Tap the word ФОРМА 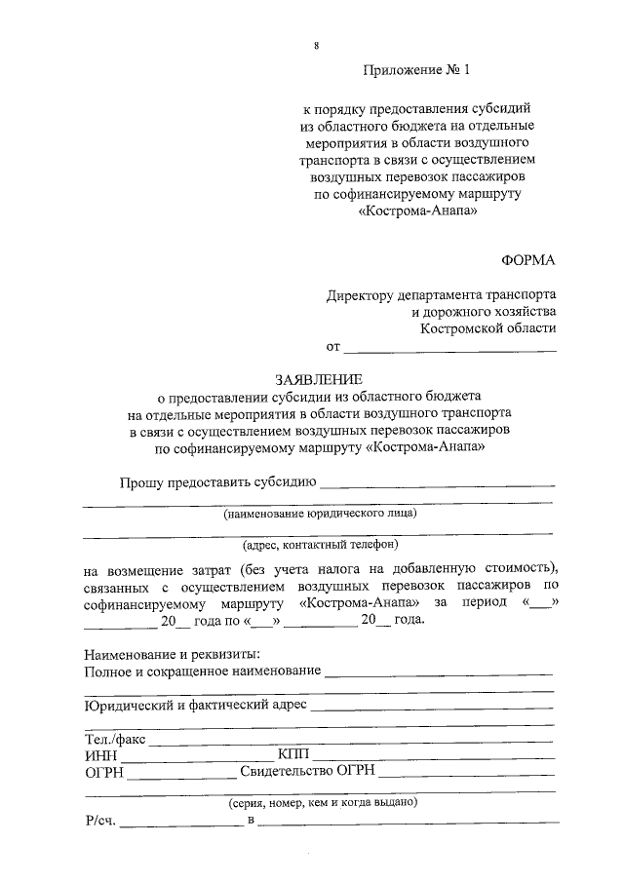click(x=527, y=260)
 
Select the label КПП click(x=292, y=755)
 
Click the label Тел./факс click(x=115, y=739)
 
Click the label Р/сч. click(x=100, y=822)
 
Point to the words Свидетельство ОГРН click(x=309, y=773)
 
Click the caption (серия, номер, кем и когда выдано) click(x=323, y=804)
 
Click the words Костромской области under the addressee click(x=488, y=329)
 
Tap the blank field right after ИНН click(x=196, y=755)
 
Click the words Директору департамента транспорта click(x=442, y=294)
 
